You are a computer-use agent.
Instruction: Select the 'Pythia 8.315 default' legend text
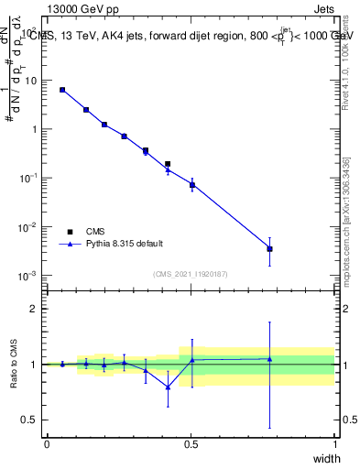tap(125, 244)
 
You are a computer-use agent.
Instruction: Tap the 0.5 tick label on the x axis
tap(191, 443)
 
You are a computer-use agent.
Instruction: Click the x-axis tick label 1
tap(334, 443)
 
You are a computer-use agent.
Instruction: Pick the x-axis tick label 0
tap(47, 443)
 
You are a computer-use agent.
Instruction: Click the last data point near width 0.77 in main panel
tap(269, 248)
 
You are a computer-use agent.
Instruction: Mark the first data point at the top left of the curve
tap(62, 90)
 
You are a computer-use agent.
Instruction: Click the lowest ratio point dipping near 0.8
tap(168, 387)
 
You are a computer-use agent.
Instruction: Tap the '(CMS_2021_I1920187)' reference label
tap(191, 273)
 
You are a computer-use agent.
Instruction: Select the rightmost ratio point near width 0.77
tap(269, 359)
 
